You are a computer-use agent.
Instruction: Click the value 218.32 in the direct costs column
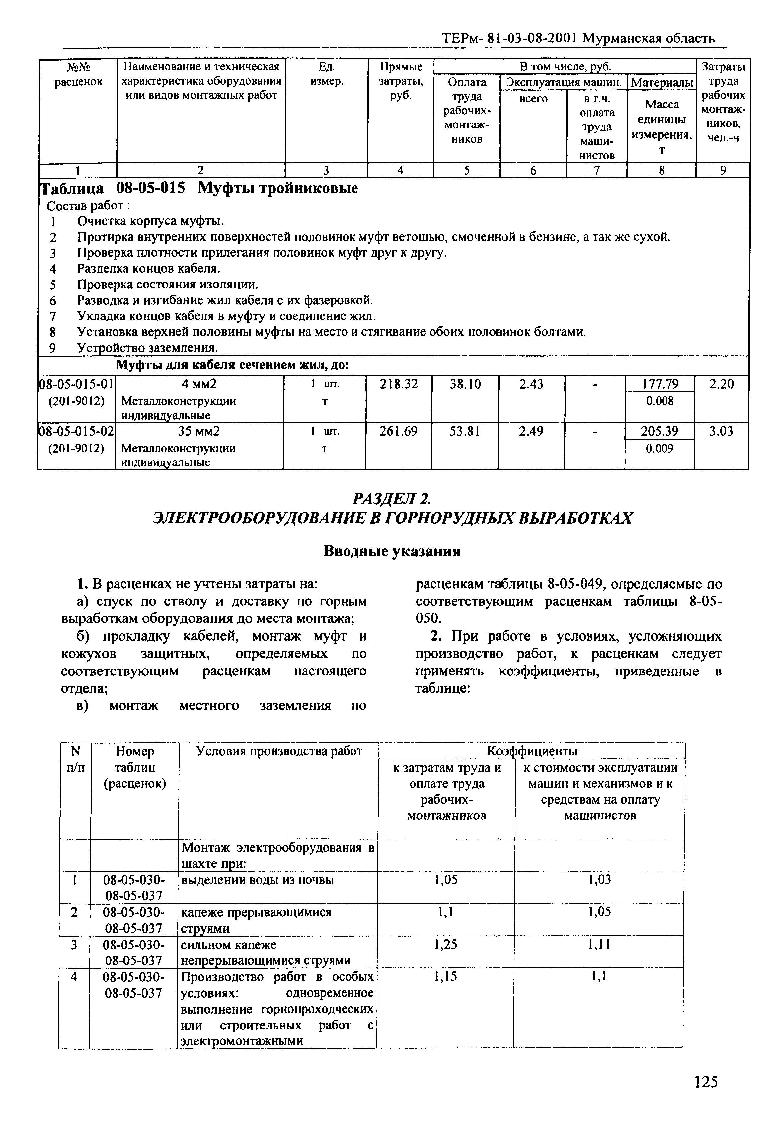(x=399, y=384)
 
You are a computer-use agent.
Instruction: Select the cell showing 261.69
(x=398, y=431)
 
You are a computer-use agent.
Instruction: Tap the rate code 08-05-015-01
(x=76, y=384)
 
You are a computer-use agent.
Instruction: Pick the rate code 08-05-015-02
(x=76, y=431)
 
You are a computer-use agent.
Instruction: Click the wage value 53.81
(x=465, y=431)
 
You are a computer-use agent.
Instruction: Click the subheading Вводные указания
(x=392, y=551)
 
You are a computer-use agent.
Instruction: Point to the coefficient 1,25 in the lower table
(x=445, y=944)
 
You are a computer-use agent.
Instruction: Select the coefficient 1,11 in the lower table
(x=599, y=944)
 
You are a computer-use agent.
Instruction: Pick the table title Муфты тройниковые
(x=277, y=188)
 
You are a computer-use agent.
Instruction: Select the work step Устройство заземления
(x=147, y=348)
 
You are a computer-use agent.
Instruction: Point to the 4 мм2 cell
(x=199, y=384)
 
